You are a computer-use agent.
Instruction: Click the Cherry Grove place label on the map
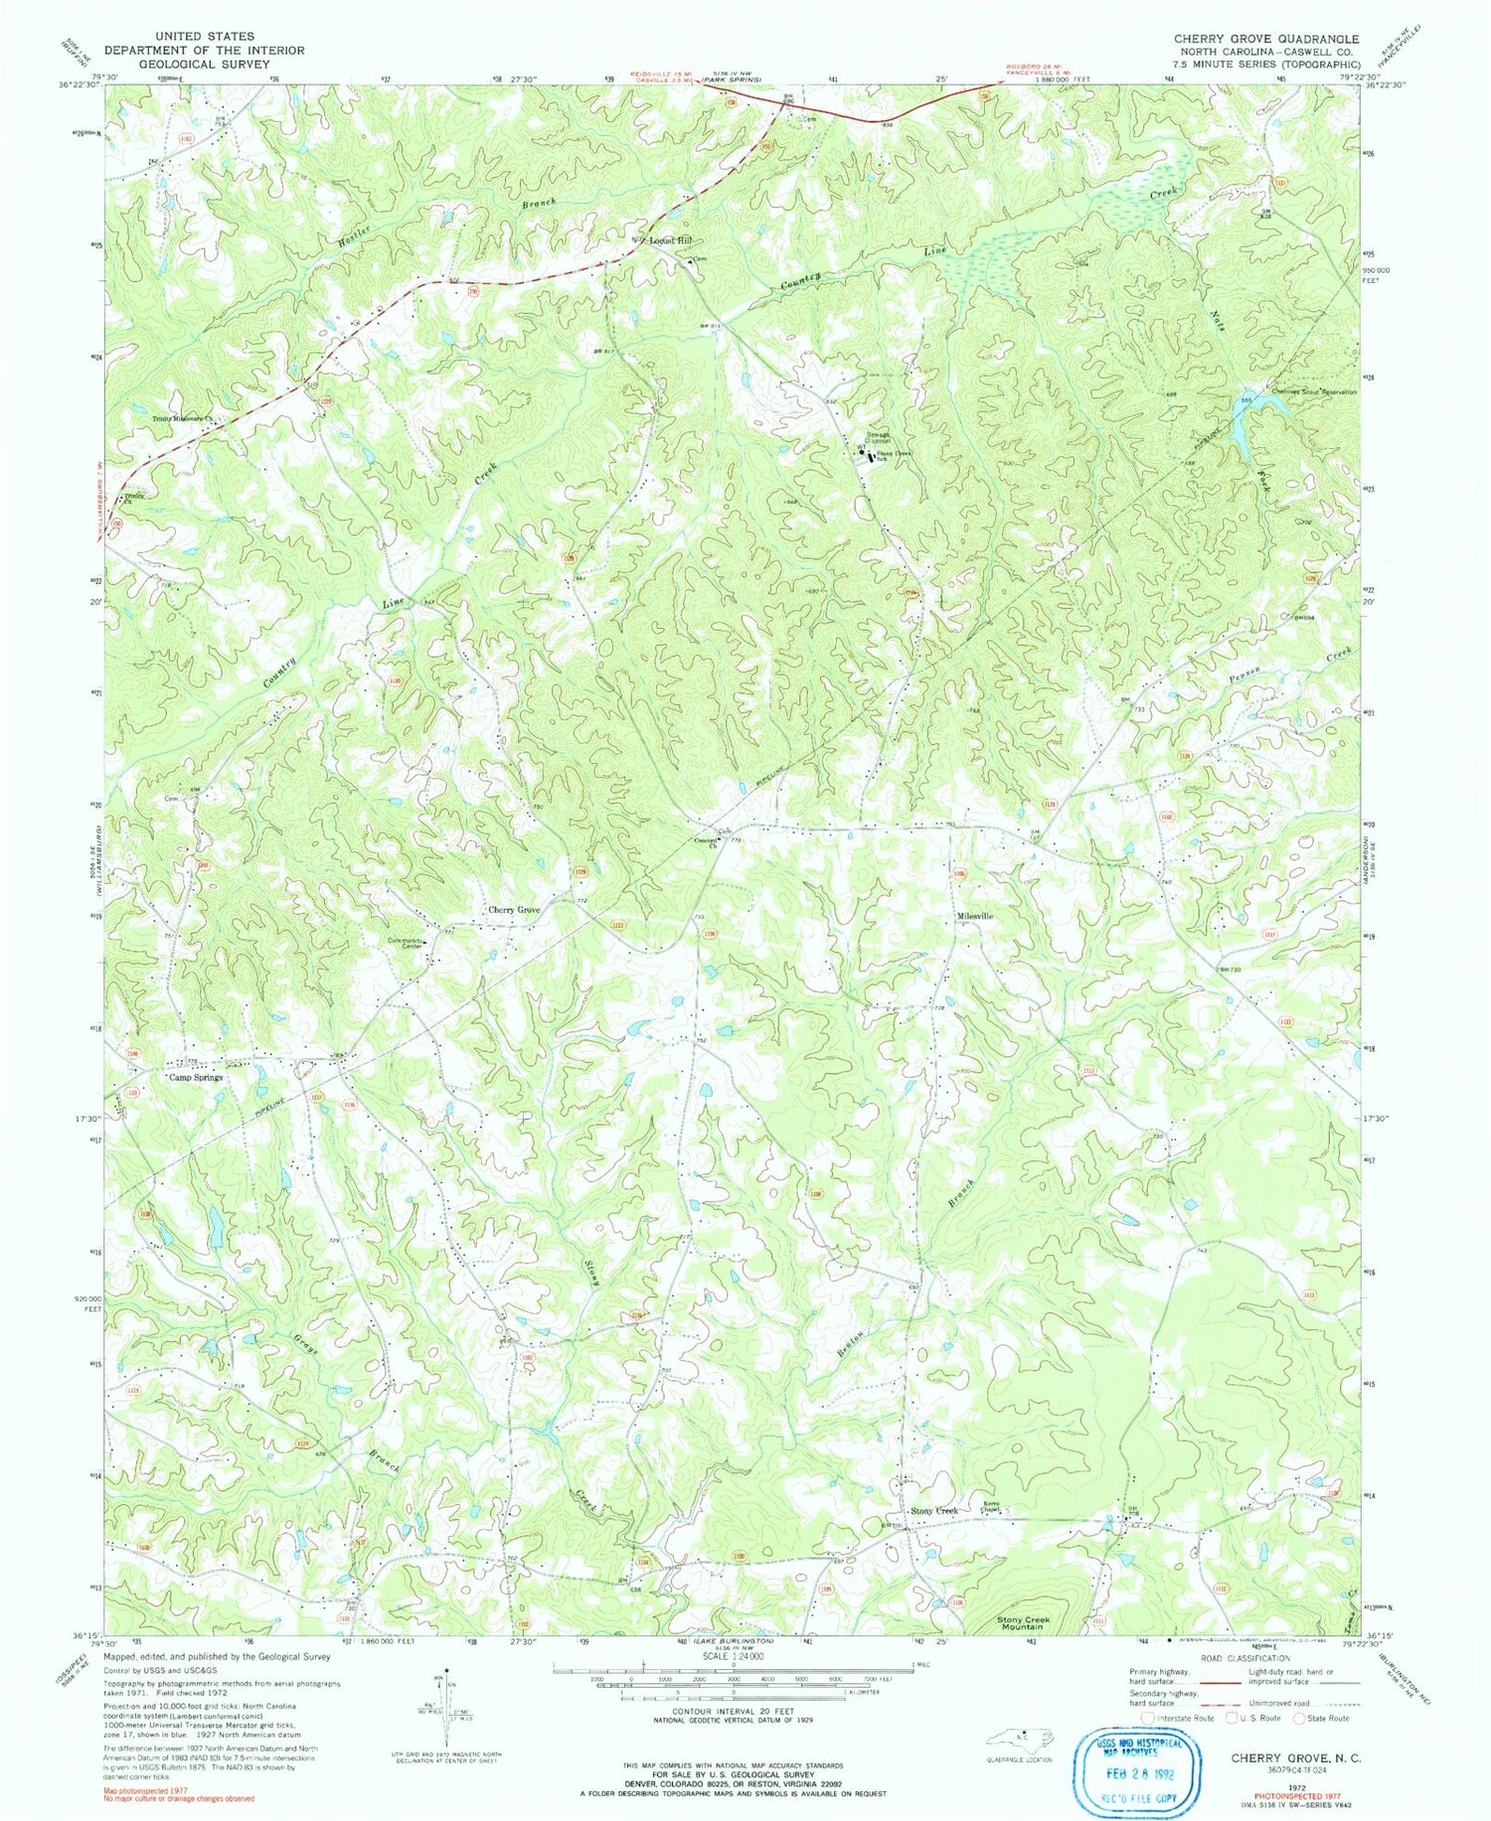513,910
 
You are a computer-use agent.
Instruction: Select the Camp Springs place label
195,1077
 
